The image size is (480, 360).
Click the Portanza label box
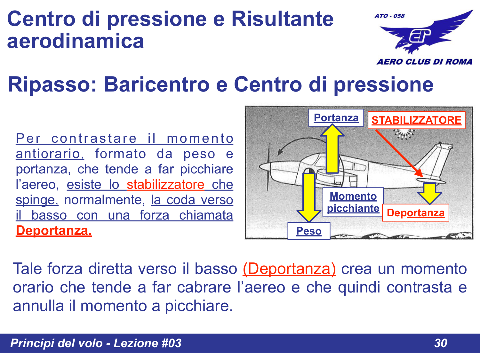[336, 118]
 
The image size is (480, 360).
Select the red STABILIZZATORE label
[416, 120]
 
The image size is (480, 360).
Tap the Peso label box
[308, 231]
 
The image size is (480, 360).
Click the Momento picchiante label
[353, 202]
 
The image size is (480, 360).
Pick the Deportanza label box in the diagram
[415, 213]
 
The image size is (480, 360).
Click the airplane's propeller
[268, 166]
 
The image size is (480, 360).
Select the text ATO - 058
[389, 16]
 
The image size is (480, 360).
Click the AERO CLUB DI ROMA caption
[424, 62]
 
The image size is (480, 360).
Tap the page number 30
[440, 343]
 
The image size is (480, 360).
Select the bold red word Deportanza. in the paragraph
[54, 230]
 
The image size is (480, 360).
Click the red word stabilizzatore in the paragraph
[165, 185]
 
